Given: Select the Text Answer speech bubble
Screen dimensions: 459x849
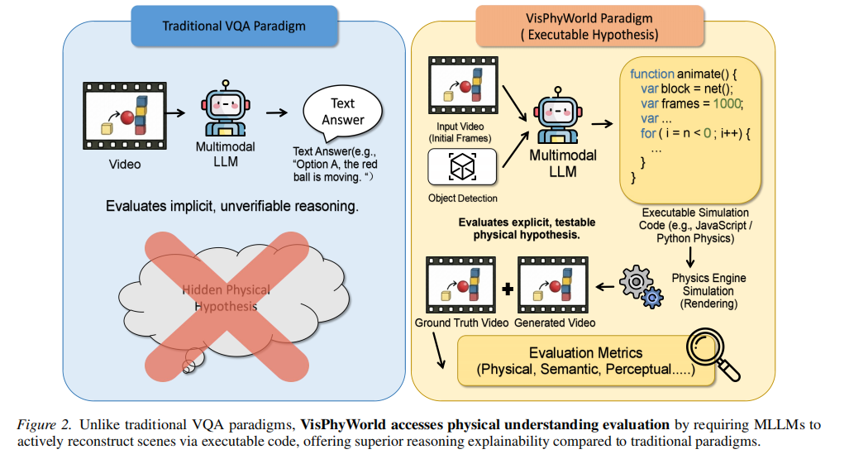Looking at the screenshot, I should point(342,112).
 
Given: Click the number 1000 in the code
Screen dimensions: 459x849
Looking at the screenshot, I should point(727,103).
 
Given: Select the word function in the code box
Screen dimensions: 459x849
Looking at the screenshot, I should point(646,74).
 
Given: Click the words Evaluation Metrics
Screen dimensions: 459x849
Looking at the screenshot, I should point(585,353).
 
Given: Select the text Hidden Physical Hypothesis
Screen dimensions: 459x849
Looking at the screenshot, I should point(220,299).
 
